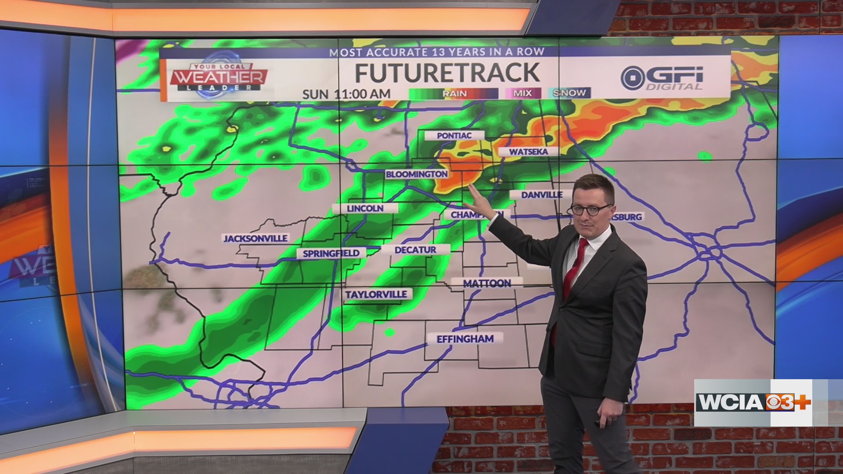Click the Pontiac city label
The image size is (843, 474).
tap(454, 136)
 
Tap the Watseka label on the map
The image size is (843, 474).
tap(528, 152)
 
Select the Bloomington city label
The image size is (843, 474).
tap(416, 174)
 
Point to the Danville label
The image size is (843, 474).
tap(542, 195)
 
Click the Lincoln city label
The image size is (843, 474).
tap(365, 208)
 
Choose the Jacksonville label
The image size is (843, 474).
tap(256, 238)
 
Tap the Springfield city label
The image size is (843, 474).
tap(331, 253)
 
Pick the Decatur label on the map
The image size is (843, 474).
tap(415, 250)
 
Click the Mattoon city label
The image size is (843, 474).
tap(487, 284)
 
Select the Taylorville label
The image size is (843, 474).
tap(376, 294)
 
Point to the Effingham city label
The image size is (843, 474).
tap(465, 339)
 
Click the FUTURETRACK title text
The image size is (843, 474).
tap(447, 73)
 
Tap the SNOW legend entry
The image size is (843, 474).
tap(569, 93)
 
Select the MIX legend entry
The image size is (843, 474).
tap(522, 93)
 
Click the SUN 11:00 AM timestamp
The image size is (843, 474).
tap(346, 94)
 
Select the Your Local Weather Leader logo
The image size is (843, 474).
tap(219, 77)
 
